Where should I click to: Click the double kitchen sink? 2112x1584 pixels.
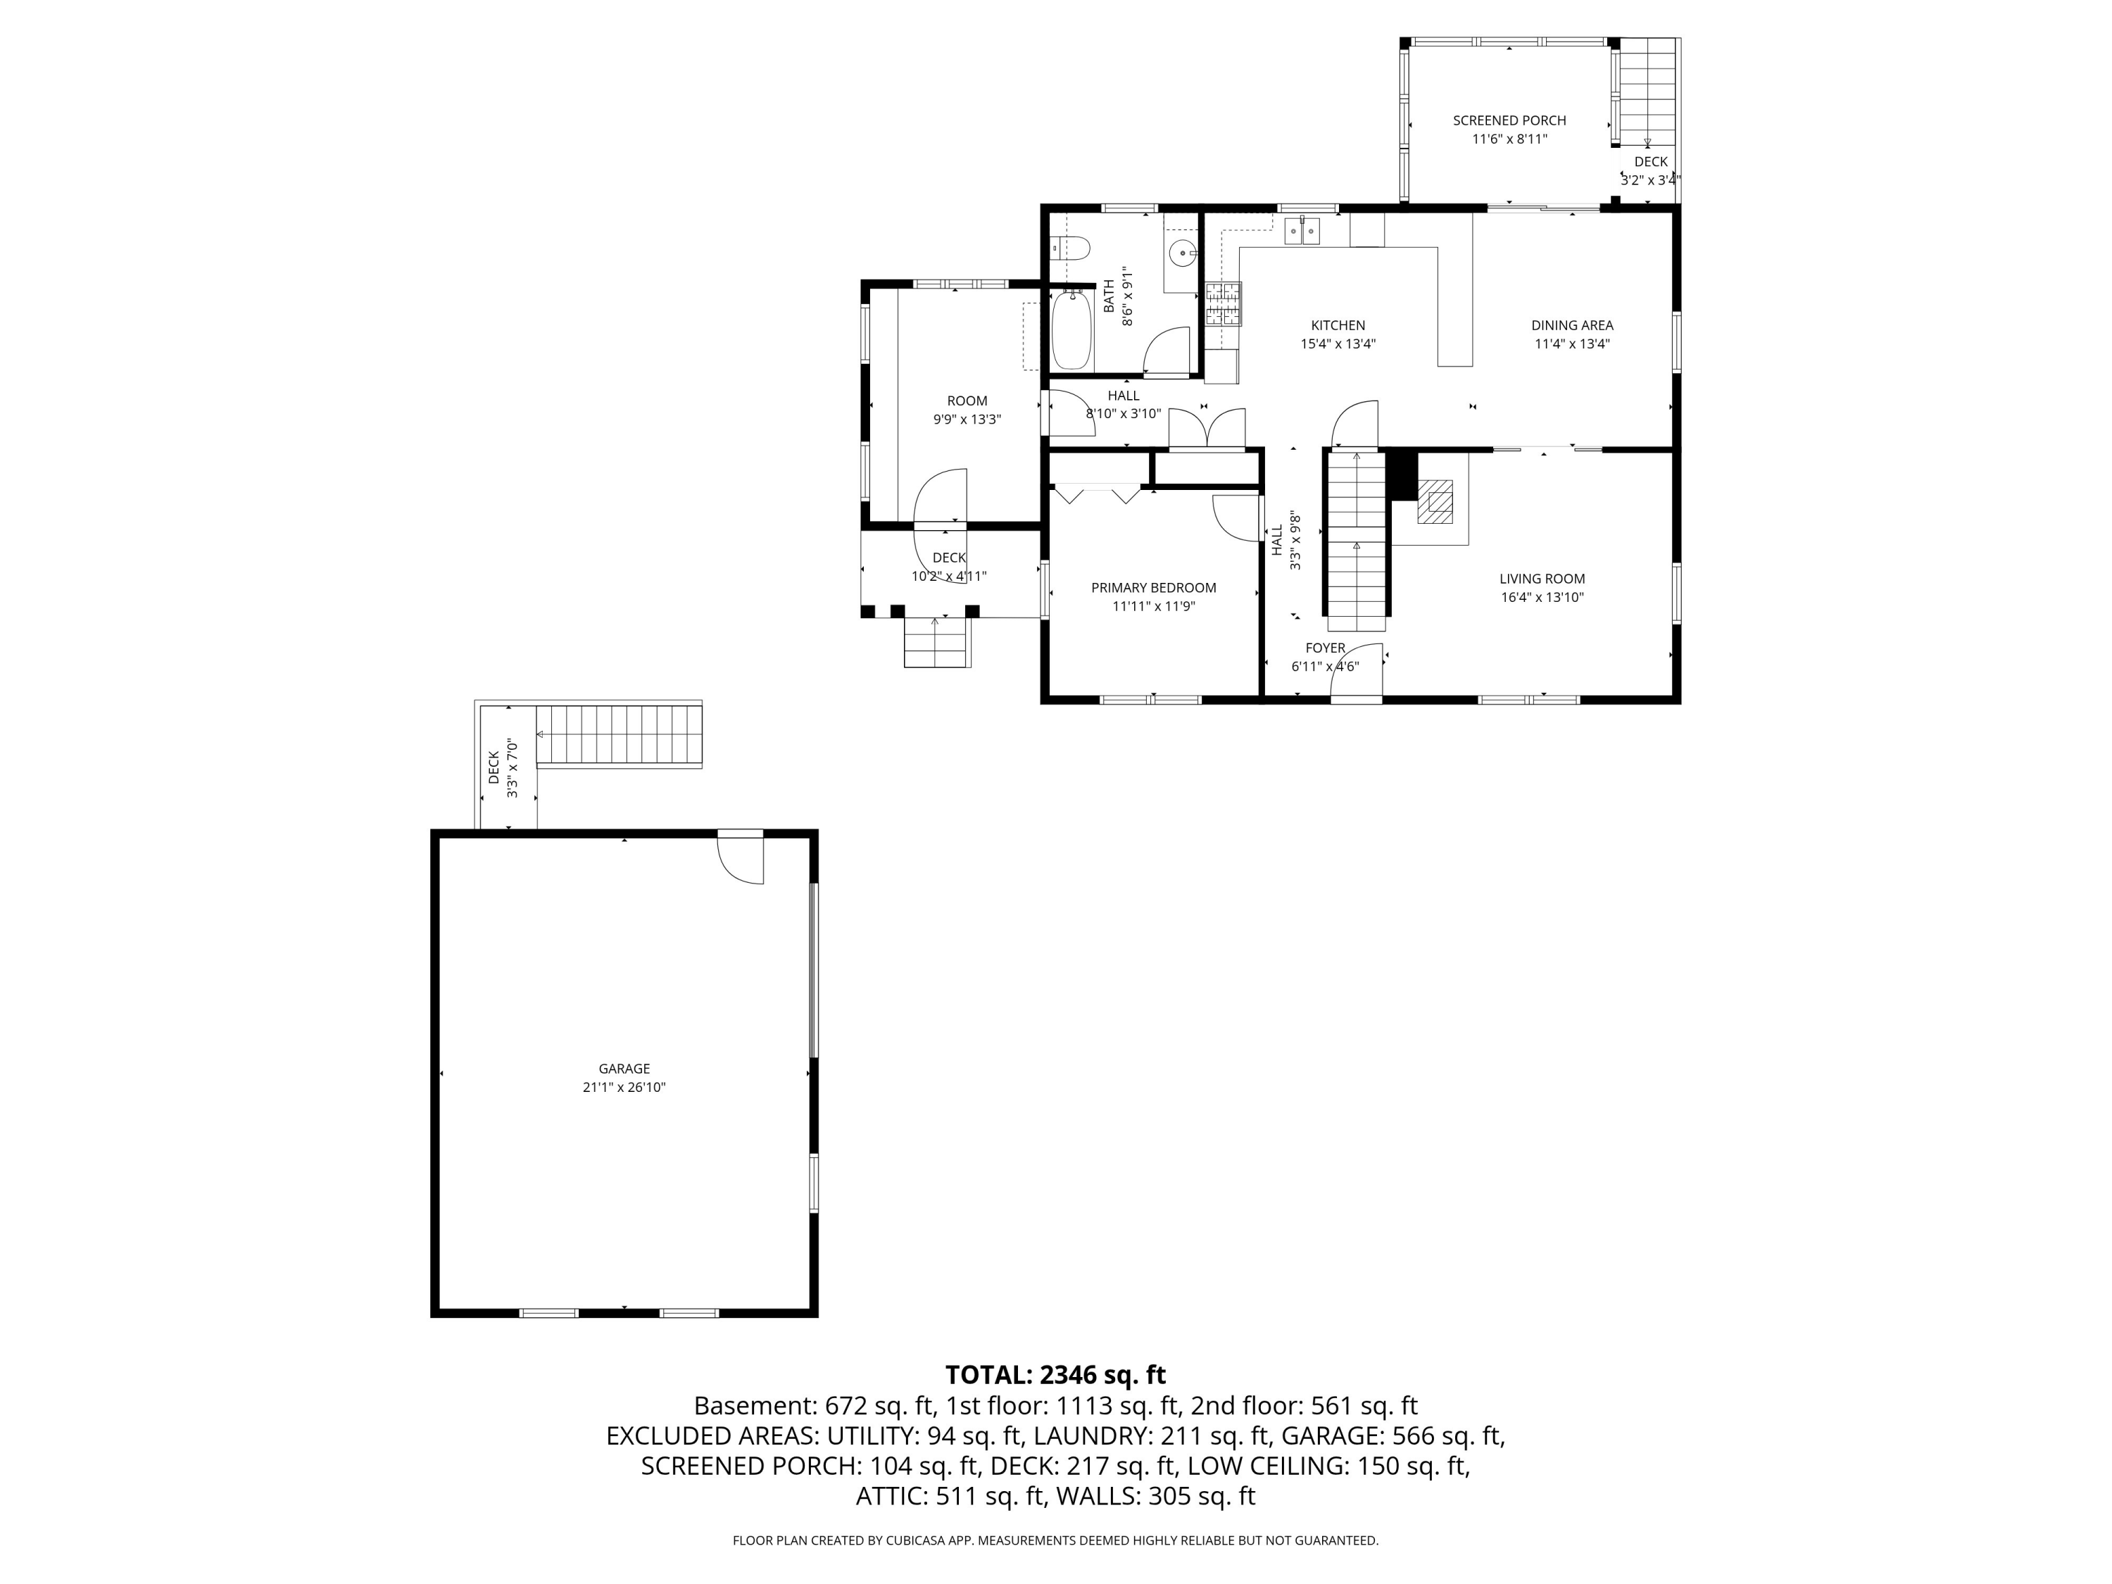pyautogui.click(x=1302, y=231)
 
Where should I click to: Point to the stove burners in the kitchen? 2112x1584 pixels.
pyautogui.click(x=1222, y=305)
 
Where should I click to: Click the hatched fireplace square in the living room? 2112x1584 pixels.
pyautogui.click(x=1434, y=501)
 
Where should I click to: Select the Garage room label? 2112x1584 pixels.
pyautogui.click(x=624, y=1069)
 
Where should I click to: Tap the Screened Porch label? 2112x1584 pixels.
pyautogui.click(x=1509, y=120)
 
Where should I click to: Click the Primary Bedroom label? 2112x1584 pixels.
pyautogui.click(x=1153, y=587)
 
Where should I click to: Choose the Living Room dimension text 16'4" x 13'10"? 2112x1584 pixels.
pyautogui.click(x=1542, y=598)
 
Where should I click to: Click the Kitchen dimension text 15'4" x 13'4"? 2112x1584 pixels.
pyautogui.click(x=1338, y=344)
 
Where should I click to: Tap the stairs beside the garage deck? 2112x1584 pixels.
pyautogui.click(x=619, y=735)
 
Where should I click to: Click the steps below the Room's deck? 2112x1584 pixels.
pyautogui.click(x=936, y=641)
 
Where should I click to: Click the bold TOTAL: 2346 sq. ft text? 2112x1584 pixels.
pyautogui.click(x=1055, y=1375)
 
